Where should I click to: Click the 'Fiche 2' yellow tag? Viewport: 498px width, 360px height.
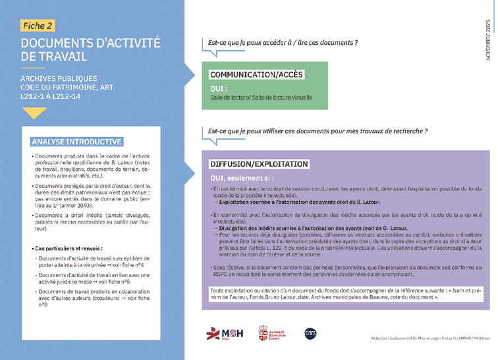click(x=38, y=25)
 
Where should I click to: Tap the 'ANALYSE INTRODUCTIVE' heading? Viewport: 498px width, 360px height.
click(x=76, y=142)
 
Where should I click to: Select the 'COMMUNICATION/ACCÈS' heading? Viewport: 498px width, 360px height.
click(x=256, y=75)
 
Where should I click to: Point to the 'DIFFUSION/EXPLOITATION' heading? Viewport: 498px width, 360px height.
click(x=259, y=164)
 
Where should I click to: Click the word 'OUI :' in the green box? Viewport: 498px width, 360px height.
click(x=219, y=88)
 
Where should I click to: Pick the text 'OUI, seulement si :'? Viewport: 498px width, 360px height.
click(x=242, y=178)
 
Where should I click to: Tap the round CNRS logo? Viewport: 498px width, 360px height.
click(x=311, y=332)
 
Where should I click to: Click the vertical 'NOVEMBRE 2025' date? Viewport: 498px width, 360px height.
click(x=488, y=39)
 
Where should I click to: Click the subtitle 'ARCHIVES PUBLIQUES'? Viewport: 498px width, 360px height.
click(x=59, y=78)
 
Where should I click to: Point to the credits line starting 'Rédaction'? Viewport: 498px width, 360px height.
click(x=432, y=340)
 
